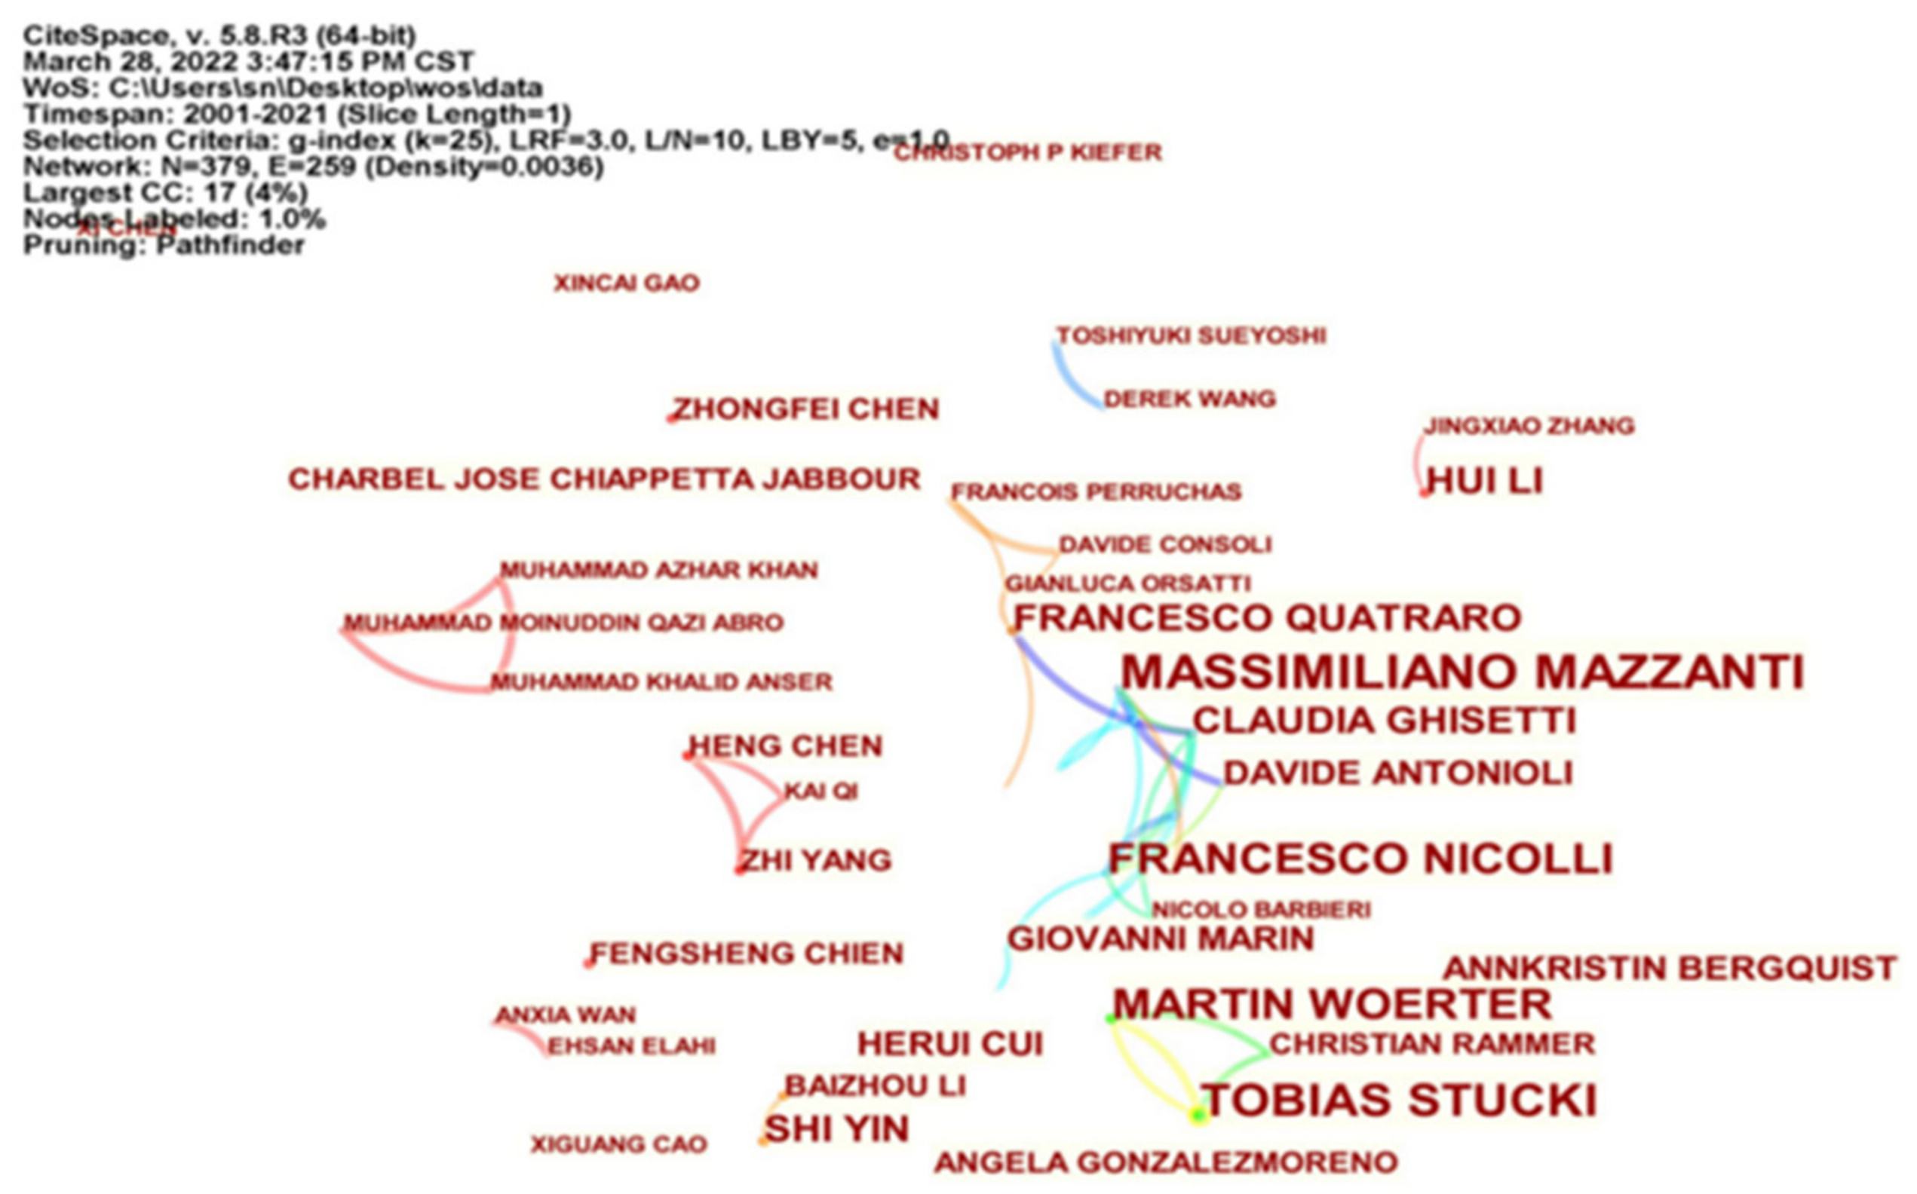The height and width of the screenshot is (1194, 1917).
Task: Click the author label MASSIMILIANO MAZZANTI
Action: pyautogui.click(x=1462, y=673)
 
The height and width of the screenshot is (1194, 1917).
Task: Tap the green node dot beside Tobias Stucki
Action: pyautogui.click(x=1198, y=1114)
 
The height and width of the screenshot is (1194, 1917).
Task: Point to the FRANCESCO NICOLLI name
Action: pyautogui.click(x=1360, y=859)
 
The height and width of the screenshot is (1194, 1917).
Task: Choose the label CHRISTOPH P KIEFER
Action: pyautogui.click(x=1028, y=152)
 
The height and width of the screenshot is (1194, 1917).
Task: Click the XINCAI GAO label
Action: pyautogui.click(x=627, y=283)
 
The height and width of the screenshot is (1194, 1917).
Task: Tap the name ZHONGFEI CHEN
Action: pyautogui.click(x=805, y=409)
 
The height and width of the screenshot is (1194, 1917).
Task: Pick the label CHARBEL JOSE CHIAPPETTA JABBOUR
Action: pyautogui.click(x=604, y=479)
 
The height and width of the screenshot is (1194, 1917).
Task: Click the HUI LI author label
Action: pyautogui.click(x=1485, y=481)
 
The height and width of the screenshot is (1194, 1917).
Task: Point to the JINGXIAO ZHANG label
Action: pyautogui.click(x=1529, y=427)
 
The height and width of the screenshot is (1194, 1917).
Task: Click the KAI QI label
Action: pyautogui.click(x=820, y=791)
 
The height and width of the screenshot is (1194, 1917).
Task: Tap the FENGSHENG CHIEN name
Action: pyautogui.click(x=747, y=954)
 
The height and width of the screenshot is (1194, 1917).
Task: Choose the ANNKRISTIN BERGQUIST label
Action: pyautogui.click(x=1670, y=968)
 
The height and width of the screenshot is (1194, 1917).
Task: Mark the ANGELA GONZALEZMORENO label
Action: pyautogui.click(x=1166, y=1162)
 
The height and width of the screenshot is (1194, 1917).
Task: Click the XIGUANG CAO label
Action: pyautogui.click(x=618, y=1144)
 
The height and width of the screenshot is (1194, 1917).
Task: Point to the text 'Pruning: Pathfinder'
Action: pyautogui.click(x=164, y=246)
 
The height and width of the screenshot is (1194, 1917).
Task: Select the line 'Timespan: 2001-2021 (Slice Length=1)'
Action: pyautogui.click(x=297, y=115)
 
